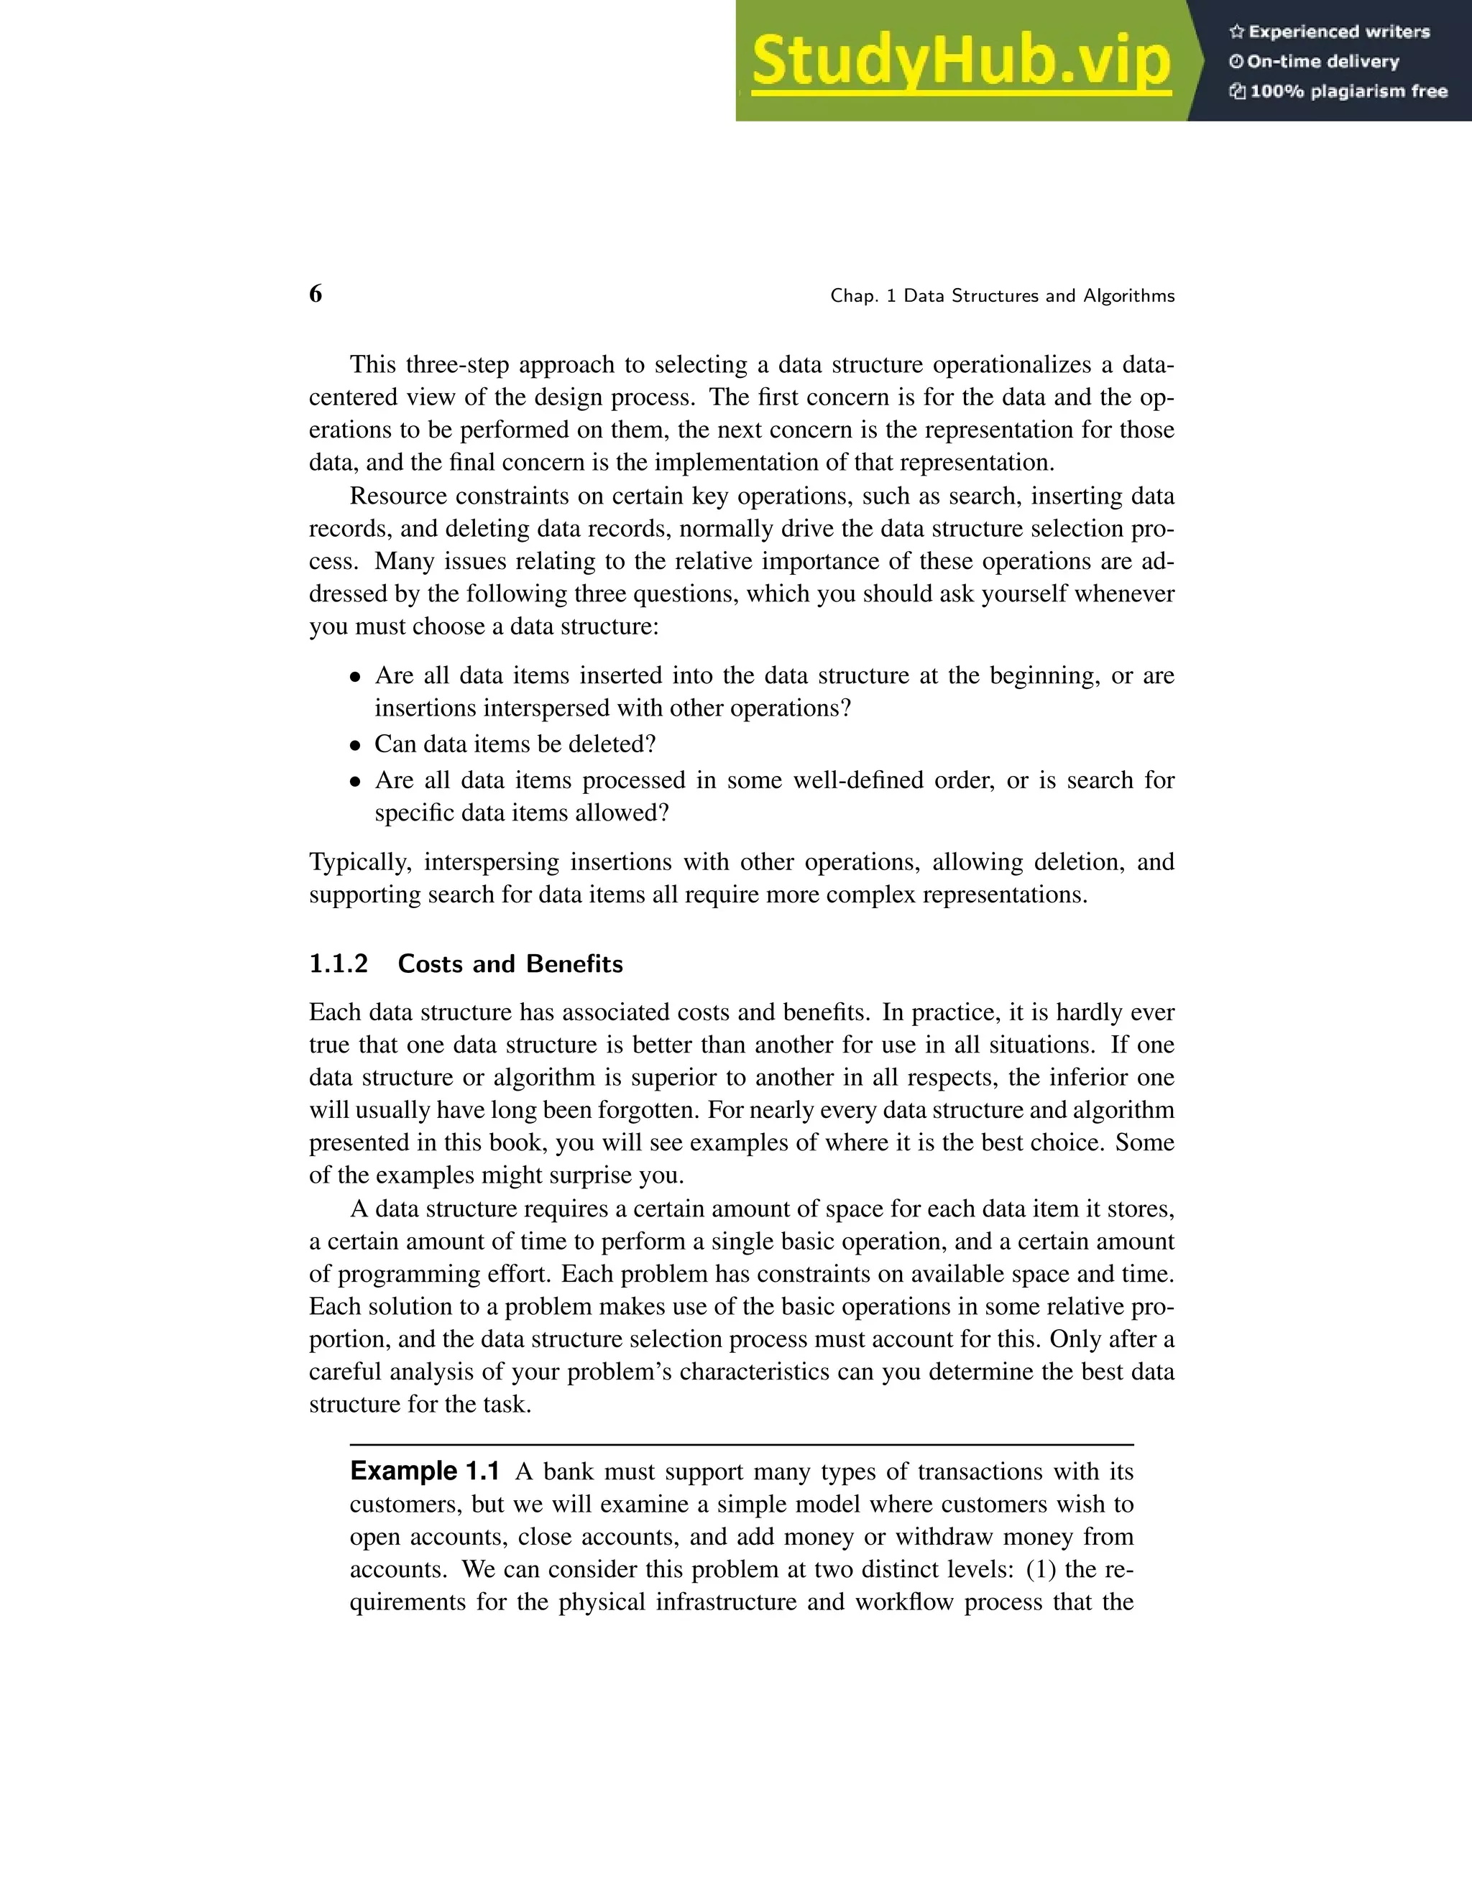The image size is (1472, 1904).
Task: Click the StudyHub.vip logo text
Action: coord(960,61)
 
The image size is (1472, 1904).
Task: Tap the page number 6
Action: coord(316,294)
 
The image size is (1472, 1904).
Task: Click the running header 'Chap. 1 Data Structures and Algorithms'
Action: coord(1002,297)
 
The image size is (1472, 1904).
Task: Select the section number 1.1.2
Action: coord(339,963)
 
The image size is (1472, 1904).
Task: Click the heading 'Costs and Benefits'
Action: coord(510,963)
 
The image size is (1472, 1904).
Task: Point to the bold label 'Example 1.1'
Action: coord(424,1471)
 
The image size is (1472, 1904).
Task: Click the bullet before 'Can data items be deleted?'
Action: coord(355,745)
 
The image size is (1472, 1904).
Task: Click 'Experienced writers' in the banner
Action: coord(1338,32)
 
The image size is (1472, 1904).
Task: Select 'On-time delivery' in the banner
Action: coord(1322,62)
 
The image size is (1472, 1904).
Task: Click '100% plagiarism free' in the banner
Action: coord(1348,91)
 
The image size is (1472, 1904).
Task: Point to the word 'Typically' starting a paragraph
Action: coord(359,862)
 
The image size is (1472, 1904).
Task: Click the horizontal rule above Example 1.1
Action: coord(741,1445)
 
